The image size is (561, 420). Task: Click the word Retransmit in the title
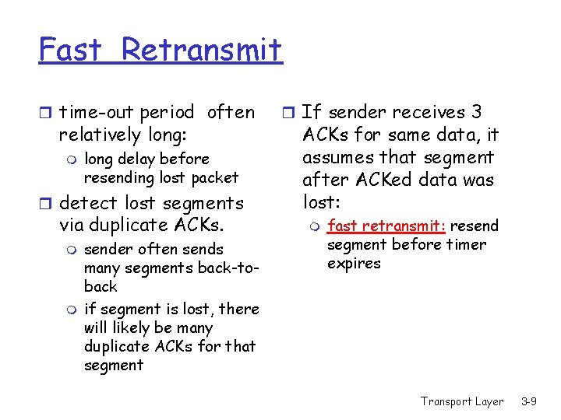click(202, 51)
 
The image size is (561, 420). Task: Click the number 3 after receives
click(477, 112)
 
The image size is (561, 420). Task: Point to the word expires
click(354, 264)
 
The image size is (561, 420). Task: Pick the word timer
click(467, 245)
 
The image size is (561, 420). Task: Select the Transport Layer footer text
click(462, 401)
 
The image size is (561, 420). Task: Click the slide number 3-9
click(529, 401)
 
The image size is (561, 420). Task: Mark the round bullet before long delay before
click(71, 160)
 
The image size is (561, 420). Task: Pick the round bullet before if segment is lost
click(71, 310)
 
